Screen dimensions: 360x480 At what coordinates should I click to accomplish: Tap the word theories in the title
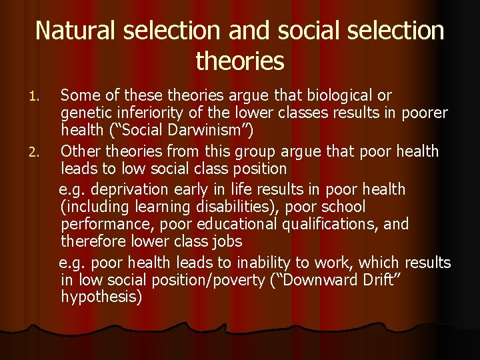pyautogui.click(x=240, y=61)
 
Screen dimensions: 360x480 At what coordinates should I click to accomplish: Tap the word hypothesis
pyautogui.click(x=101, y=297)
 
